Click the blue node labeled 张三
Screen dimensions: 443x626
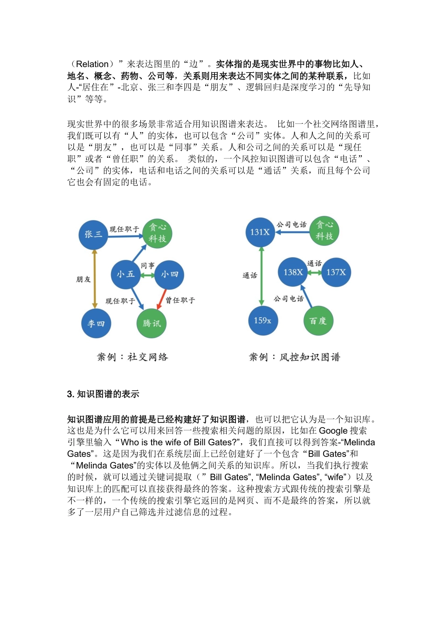click(93, 234)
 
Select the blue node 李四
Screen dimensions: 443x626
click(96, 323)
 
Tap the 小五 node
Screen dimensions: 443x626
click(126, 274)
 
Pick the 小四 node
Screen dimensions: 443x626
click(169, 274)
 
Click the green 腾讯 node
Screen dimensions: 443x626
click(152, 323)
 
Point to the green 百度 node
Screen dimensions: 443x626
click(318, 320)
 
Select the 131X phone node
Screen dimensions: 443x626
click(260, 232)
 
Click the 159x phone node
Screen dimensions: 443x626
click(263, 320)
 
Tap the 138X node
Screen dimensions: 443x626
click(293, 272)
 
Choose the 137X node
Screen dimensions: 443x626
click(336, 272)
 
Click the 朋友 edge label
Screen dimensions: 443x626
click(83, 279)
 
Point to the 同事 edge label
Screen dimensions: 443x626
click(148, 265)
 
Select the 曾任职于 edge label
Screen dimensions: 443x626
click(180, 300)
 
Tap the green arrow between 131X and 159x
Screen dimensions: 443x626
click(262, 276)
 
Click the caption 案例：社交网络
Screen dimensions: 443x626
click(132, 357)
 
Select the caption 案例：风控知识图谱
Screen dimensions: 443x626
click(295, 357)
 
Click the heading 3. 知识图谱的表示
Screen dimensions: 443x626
click(103, 394)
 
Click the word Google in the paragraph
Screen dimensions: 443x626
click(333, 431)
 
